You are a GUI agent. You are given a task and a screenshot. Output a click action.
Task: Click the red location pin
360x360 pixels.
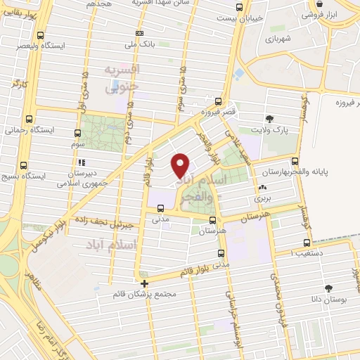(x=181, y=165)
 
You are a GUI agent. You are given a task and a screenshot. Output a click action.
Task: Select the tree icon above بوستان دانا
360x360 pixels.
(x=328, y=288)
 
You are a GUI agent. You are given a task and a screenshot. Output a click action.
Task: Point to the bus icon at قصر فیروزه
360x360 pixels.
(x=219, y=101)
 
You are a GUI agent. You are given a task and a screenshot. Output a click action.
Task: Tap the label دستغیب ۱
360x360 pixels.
(x=314, y=250)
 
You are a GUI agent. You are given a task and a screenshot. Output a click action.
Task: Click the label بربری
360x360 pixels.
(x=262, y=199)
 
